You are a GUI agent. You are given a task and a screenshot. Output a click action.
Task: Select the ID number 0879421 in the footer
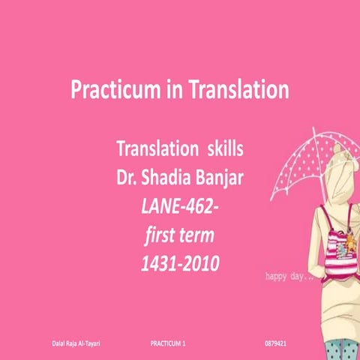pyautogui.click(x=277, y=343)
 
